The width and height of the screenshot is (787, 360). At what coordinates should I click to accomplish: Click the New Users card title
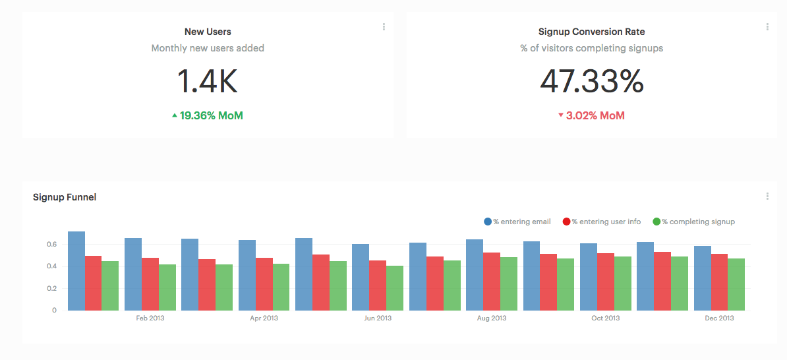pyautogui.click(x=208, y=32)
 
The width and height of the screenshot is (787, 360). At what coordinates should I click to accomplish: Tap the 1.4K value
pyautogui.click(x=208, y=82)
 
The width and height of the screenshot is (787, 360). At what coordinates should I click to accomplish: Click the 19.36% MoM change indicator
pyautogui.click(x=208, y=116)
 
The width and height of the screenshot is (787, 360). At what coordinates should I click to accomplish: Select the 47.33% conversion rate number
pyautogui.click(x=591, y=82)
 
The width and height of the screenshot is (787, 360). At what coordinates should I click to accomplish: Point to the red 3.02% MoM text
pyautogui.click(x=591, y=116)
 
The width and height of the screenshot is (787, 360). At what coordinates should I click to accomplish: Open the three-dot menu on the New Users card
pyautogui.click(x=384, y=27)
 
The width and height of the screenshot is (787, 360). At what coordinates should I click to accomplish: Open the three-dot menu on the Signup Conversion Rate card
pyautogui.click(x=767, y=27)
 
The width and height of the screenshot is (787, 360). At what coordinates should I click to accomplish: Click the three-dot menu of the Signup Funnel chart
pyautogui.click(x=767, y=196)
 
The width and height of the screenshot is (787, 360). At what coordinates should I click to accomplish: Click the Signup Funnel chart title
pyautogui.click(x=65, y=197)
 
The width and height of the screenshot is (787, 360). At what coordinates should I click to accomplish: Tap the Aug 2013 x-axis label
pyautogui.click(x=492, y=318)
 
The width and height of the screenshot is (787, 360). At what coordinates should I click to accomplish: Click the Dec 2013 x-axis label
pyautogui.click(x=719, y=318)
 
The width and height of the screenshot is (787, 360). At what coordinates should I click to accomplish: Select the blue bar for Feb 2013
pyautogui.click(x=133, y=274)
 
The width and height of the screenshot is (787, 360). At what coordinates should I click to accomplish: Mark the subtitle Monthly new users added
pyautogui.click(x=208, y=48)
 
